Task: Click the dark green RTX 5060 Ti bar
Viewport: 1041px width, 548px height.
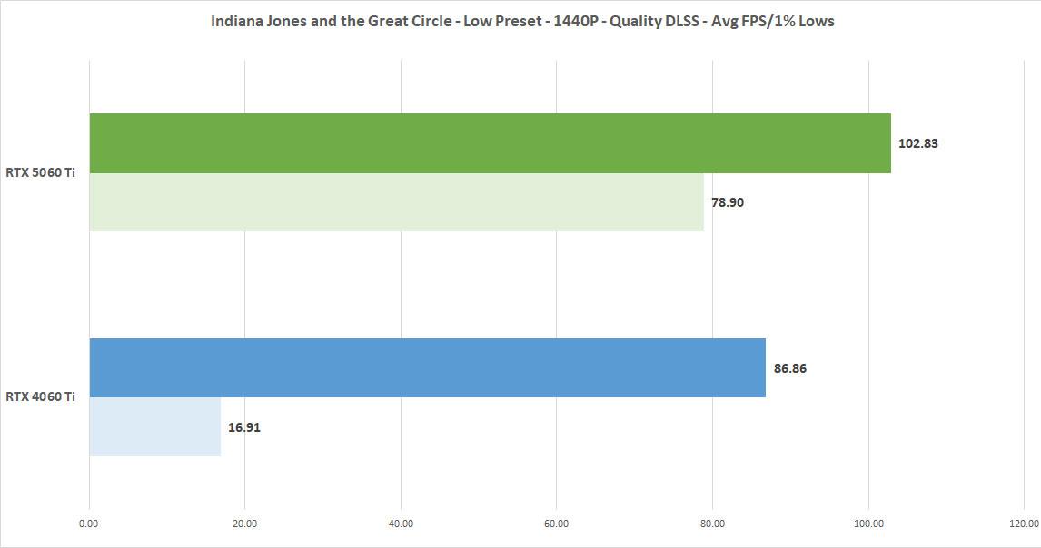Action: [x=491, y=143]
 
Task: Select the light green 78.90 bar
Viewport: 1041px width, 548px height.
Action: [x=397, y=202]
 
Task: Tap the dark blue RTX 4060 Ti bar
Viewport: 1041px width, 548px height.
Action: [x=427, y=367]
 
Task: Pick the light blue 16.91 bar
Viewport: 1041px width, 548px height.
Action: [x=154, y=426]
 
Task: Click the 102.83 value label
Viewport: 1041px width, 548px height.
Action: [x=918, y=143]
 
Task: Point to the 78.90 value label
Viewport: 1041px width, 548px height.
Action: [x=728, y=202]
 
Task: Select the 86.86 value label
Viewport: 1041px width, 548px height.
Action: [x=790, y=368]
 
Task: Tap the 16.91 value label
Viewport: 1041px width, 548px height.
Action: [x=245, y=426]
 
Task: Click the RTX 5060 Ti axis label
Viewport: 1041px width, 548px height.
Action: [x=41, y=173]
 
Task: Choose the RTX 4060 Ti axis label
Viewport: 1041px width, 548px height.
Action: [x=41, y=396]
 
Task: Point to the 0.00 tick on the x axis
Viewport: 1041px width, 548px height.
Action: [x=89, y=523]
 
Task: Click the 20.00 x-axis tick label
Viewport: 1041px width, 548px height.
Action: [x=245, y=523]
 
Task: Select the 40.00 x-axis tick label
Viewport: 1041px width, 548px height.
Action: [x=401, y=523]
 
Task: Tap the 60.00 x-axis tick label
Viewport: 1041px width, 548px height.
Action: [x=557, y=523]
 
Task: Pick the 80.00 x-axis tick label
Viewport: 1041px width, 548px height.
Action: [x=713, y=523]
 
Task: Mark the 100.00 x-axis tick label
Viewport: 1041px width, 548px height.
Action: [x=868, y=523]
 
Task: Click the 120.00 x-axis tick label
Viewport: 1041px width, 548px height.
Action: [x=1024, y=523]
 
